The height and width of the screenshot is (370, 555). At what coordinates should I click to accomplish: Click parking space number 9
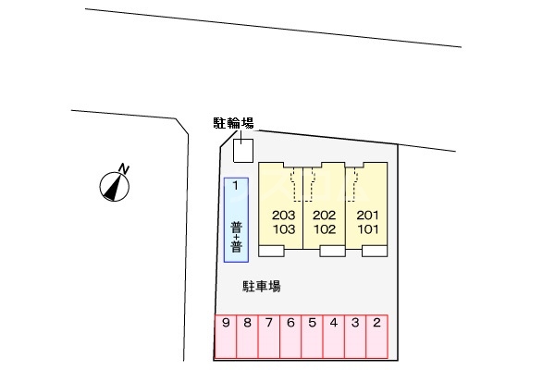click(x=226, y=337)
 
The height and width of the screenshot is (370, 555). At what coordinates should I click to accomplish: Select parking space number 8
click(x=247, y=337)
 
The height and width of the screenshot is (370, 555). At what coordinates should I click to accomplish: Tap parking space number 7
click(x=268, y=337)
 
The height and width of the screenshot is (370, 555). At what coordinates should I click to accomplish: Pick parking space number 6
click(x=290, y=337)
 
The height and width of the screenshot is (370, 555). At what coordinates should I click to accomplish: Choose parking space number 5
click(x=312, y=337)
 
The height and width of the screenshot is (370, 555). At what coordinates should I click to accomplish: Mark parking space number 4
click(x=333, y=337)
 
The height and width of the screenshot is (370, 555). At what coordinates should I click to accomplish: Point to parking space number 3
click(x=355, y=337)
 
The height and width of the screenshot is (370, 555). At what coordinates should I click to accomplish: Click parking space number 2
click(x=377, y=337)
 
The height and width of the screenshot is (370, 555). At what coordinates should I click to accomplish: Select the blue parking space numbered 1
click(x=236, y=220)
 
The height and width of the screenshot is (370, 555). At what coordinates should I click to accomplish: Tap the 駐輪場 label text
click(x=234, y=123)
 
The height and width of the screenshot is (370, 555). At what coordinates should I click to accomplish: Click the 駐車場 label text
click(x=262, y=286)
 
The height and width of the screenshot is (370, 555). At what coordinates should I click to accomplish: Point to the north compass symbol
click(x=115, y=187)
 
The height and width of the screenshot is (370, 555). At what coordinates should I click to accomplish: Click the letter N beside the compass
click(x=124, y=169)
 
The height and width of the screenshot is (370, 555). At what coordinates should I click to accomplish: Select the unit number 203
click(x=284, y=215)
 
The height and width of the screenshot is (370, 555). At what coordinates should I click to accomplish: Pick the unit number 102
click(x=325, y=229)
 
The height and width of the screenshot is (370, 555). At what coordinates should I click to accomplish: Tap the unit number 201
click(x=368, y=215)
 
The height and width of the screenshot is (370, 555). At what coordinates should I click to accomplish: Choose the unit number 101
click(x=368, y=229)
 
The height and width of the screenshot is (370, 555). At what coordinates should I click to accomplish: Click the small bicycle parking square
click(x=243, y=151)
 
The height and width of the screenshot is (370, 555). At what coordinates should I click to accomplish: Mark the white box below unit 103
click(x=271, y=251)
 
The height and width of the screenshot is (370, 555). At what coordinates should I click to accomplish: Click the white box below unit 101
click(x=375, y=251)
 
